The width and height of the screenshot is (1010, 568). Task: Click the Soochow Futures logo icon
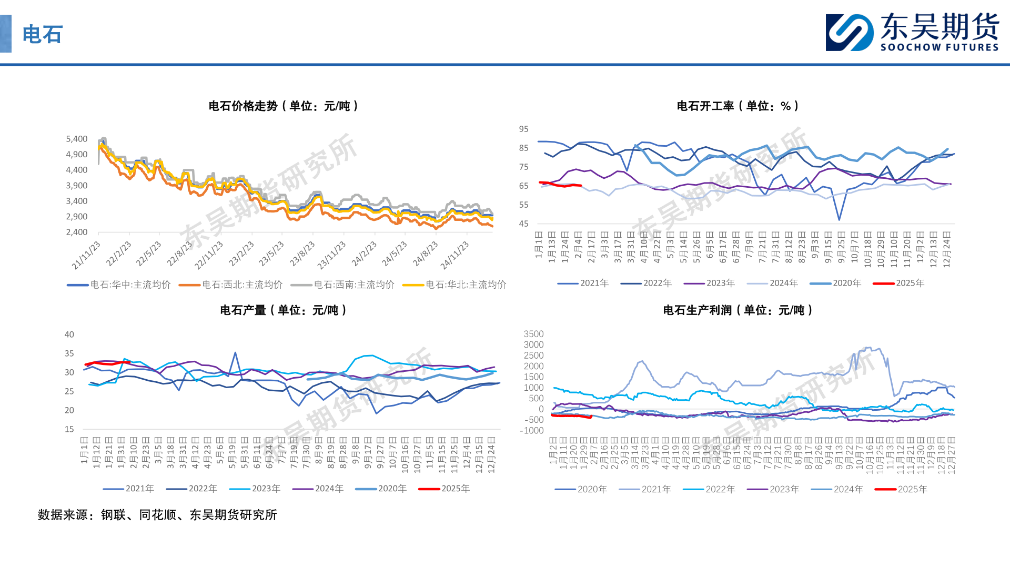(849, 33)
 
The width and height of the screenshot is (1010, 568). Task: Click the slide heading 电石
(42, 35)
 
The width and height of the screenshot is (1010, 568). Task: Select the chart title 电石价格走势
(284, 106)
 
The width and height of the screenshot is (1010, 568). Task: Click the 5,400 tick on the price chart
(77, 139)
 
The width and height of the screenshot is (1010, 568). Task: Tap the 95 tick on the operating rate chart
(523, 129)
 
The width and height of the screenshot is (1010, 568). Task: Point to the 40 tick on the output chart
(69, 334)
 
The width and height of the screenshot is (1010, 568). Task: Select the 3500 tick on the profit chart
(533, 334)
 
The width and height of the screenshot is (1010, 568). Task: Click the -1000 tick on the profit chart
(531, 430)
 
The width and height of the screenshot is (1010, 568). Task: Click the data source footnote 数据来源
(157, 515)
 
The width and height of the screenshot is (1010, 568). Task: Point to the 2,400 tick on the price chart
(77, 232)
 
